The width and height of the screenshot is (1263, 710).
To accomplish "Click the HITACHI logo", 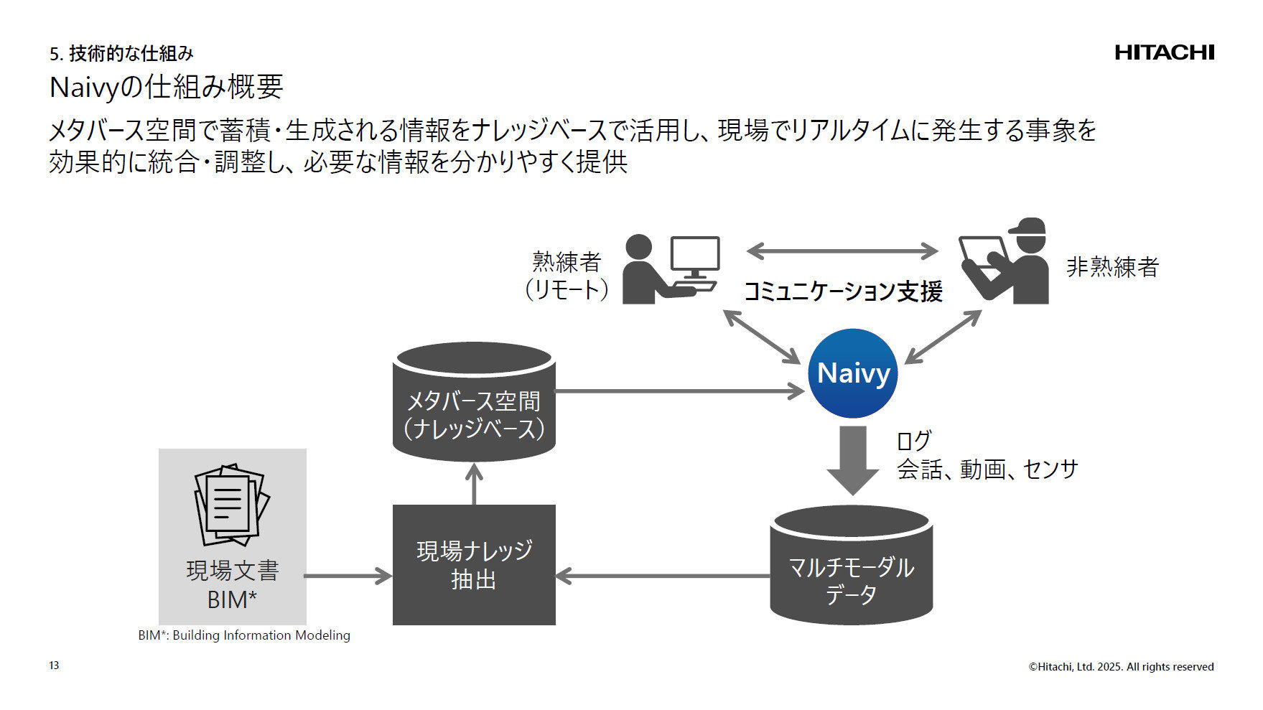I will click(x=1164, y=52).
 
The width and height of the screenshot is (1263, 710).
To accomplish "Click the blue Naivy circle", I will click(x=853, y=373).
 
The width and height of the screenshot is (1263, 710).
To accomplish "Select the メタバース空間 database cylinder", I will click(x=474, y=402).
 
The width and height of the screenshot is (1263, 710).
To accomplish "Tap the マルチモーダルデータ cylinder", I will click(x=851, y=567).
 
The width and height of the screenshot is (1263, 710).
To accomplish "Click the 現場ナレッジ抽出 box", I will click(x=474, y=565).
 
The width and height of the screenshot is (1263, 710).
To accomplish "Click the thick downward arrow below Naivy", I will click(x=853, y=459).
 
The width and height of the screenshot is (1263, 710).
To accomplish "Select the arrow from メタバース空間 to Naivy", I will click(x=679, y=391).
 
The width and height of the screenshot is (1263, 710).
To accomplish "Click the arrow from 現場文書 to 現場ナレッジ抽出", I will click(x=348, y=576).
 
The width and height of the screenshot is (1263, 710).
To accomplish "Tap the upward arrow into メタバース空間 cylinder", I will click(x=474, y=485).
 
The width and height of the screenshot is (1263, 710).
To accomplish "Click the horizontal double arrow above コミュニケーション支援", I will click(x=842, y=251).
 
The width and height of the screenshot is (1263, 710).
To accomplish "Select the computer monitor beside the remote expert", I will click(x=694, y=257).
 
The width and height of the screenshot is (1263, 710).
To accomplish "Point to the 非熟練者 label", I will click(x=1112, y=267).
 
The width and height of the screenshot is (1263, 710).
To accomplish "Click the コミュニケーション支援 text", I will click(x=842, y=291).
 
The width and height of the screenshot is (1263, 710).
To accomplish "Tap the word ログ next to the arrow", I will click(x=913, y=440).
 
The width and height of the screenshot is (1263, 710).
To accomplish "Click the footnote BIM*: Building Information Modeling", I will click(x=244, y=635).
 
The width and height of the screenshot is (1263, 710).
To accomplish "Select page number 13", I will click(x=54, y=665).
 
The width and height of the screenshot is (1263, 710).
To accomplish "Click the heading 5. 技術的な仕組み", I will click(x=121, y=54).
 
